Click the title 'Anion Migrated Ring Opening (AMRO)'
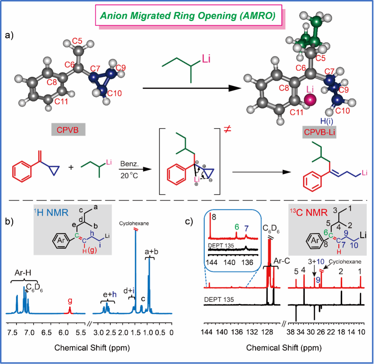190,16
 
